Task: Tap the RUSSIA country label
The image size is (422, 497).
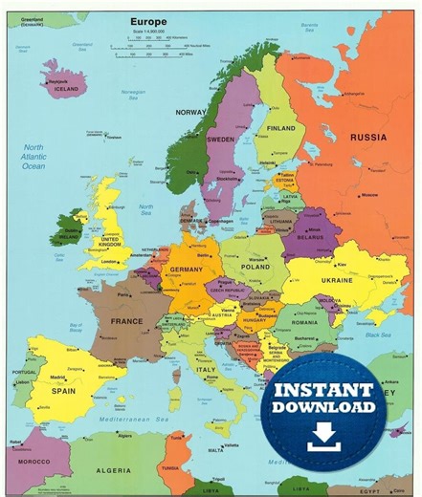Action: point(368,137)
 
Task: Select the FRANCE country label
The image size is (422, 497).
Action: point(126,321)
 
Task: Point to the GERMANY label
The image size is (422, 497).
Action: point(188,270)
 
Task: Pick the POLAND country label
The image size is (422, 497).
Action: point(255,268)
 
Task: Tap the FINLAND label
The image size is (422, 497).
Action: point(281,128)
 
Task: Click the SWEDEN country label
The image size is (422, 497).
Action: point(220,140)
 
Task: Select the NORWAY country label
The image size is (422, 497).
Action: point(190,112)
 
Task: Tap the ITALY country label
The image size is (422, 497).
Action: point(206,368)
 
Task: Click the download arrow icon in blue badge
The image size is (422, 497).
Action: point(323,435)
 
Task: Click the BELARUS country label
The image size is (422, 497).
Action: point(308,239)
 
